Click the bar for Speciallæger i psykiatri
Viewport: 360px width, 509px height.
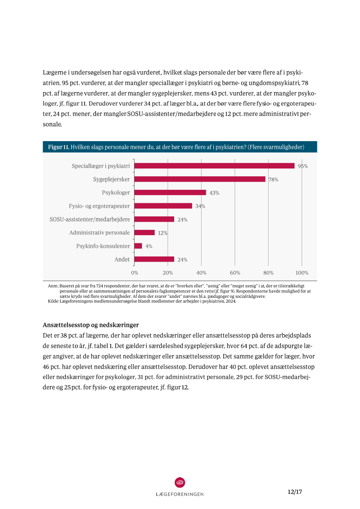[x=214, y=166]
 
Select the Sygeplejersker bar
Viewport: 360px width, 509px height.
[x=200, y=179]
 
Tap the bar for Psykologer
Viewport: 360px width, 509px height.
[x=170, y=192]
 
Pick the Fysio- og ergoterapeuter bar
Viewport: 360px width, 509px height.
[x=163, y=206]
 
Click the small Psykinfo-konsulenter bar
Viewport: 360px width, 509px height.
[x=138, y=246]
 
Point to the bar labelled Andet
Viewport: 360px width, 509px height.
[x=155, y=260]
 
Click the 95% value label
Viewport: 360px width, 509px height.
[x=303, y=166]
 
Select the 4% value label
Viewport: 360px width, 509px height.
[x=149, y=246]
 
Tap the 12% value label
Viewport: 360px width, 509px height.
[x=163, y=233]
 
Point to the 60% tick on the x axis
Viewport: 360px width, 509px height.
[x=235, y=273]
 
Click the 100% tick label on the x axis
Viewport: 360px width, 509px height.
[x=302, y=273]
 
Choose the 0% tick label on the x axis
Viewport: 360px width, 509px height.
[x=135, y=273]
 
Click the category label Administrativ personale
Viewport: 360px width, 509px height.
[x=99, y=233]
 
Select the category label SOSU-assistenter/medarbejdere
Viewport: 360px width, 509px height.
[x=90, y=219]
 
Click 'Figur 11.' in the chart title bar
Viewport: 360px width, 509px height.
[x=58, y=147]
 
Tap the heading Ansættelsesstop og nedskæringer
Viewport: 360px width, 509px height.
[x=91, y=325]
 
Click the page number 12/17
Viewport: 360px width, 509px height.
[x=295, y=492]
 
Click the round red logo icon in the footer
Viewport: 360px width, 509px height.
[x=180, y=482]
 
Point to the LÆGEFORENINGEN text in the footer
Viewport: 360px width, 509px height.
[x=180, y=494]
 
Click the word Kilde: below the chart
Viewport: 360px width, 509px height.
[x=53, y=301]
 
